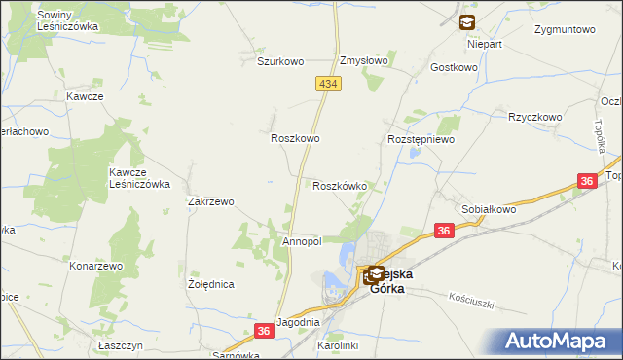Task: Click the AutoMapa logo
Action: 561,342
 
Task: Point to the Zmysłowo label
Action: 363,60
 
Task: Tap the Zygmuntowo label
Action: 565,29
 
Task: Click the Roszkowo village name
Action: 295,139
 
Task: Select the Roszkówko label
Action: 339,186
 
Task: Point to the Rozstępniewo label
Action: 421,139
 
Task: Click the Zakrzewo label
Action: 210,202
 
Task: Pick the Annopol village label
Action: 301,241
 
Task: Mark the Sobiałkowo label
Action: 489,209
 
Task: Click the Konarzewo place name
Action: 95,265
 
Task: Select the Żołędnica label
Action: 210,285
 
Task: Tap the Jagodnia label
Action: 298,322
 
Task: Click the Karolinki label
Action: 339,345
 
